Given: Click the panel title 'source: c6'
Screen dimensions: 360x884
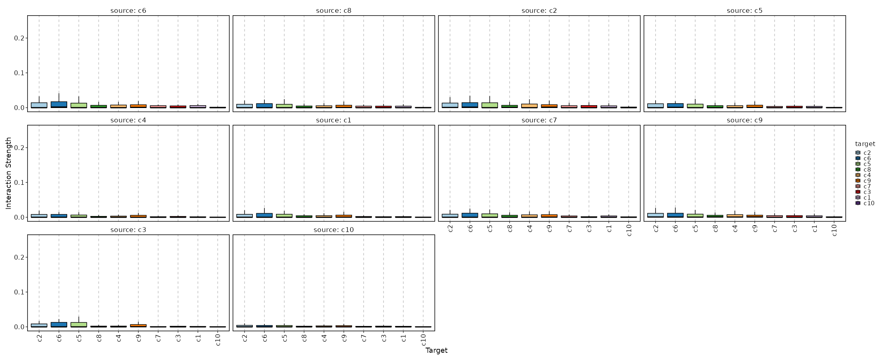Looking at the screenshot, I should click(x=128, y=11).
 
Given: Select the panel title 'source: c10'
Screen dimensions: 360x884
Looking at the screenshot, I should click(x=334, y=230).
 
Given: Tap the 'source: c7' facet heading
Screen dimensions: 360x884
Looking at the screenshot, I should click(x=539, y=120).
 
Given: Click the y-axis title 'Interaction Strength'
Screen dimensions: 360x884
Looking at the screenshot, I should click(x=9, y=173).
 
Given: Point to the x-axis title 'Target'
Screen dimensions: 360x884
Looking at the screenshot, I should click(x=436, y=351).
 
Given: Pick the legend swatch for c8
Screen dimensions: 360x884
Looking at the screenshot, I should click(x=858, y=170).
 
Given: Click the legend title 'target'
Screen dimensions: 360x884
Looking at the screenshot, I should click(x=865, y=144).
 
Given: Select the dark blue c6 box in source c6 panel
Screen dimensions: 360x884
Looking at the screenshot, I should click(x=59, y=105).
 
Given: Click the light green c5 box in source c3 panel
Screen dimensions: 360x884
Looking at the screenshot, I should click(x=79, y=324).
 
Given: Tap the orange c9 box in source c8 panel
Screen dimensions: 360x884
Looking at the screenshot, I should click(x=344, y=106).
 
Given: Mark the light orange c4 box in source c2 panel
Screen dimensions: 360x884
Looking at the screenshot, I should click(x=529, y=106).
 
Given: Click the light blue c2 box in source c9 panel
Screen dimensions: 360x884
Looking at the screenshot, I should click(x=655, y=215).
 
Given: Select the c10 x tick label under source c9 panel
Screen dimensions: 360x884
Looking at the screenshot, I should click(x=834, y=230).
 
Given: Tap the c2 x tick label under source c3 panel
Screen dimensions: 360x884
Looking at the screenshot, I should click(x=39, y=338).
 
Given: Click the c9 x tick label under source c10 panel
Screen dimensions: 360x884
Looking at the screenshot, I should click(x=344, y=338).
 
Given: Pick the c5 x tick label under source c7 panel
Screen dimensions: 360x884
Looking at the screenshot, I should click(x=490, y=228).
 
